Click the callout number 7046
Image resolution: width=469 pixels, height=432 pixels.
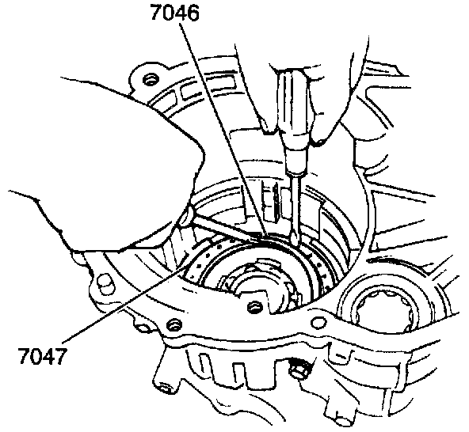pyautogui.click(x=174, y=13)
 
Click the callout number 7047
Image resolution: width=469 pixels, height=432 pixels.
pyautogui.click(x=42, y=356)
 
